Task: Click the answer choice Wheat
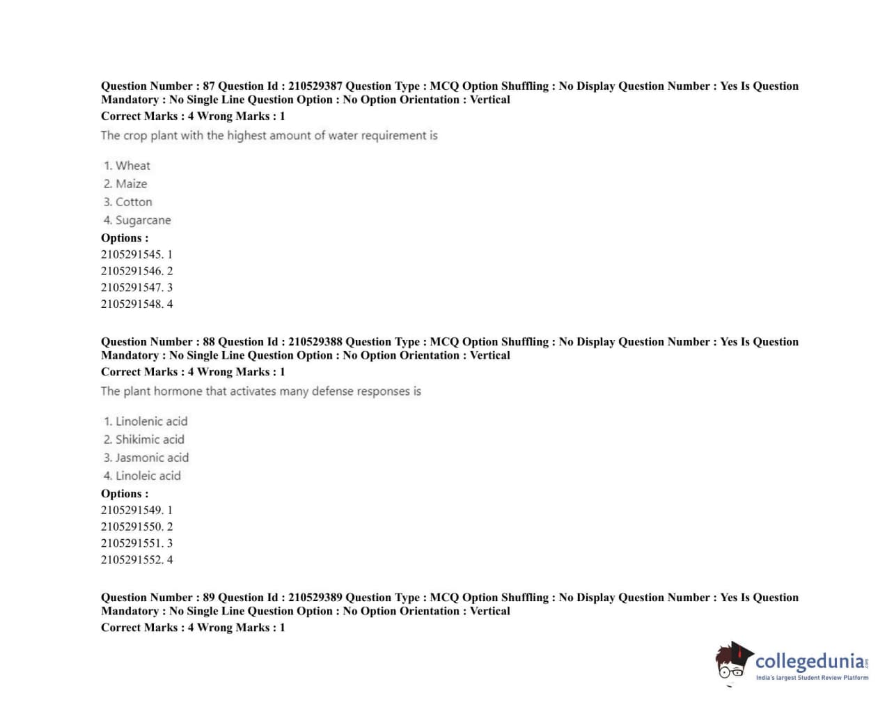click(x=132, y=166)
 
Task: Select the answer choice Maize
click(x=131, y=184)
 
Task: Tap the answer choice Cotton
click(x=133, y=202)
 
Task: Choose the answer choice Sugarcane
click(x=143, y=220)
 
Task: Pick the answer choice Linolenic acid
click(x=151, y=421)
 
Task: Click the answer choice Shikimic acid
click(x=150, y=440)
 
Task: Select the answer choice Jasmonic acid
click(x=152, y=458)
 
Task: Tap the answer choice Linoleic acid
click(x=148, y=476)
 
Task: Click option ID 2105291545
click(x=132, y=254)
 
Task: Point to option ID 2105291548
click(x=132, y=304)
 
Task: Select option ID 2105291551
click(x=132, y=543)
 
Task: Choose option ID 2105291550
click(x=132, y=527)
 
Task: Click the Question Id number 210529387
click(x=315, y=86)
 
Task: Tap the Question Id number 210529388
click(x=315, y=342)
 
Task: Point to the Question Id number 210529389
click(x=315, y=598)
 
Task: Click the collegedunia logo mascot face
click(x=731, y=662)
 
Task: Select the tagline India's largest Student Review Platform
click(x=812, y=678)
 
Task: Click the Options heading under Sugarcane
click(x=125, y=238)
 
